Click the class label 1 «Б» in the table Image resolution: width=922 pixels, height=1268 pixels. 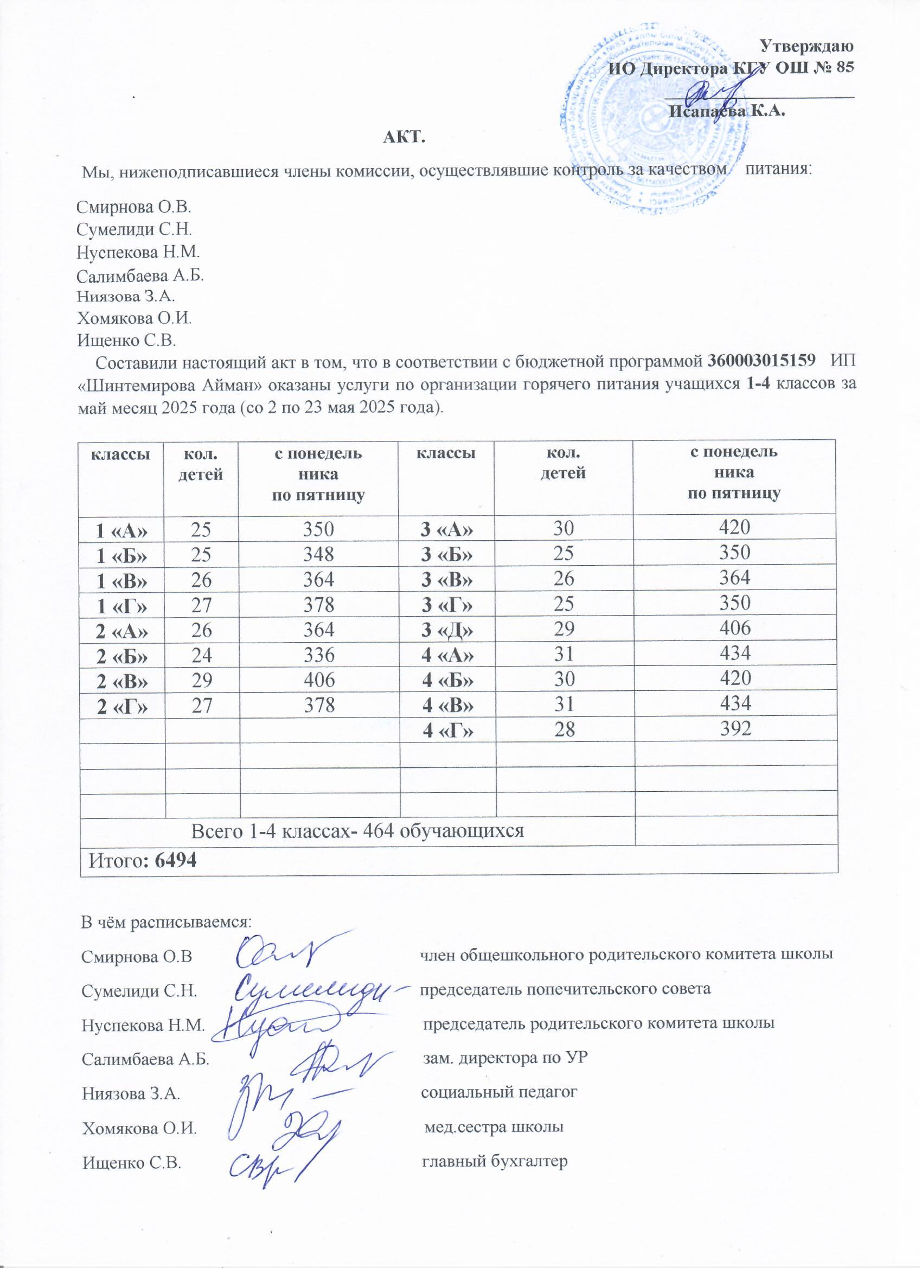pyautogui.click(x=123, y=555)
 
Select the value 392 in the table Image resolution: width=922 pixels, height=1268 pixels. pyautogui.click(x=735, y=727)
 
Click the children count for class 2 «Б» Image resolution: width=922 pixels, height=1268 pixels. pyautogui.click(x=201, y=654)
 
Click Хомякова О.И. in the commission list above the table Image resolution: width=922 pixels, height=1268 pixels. pyautogui.click(x=134, y=319)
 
